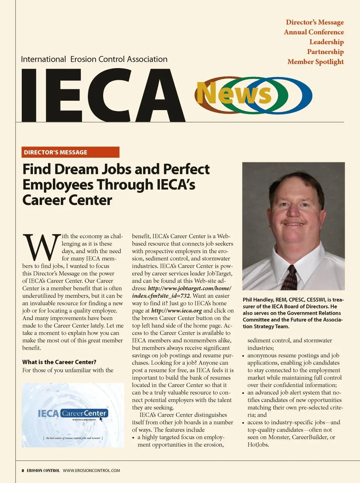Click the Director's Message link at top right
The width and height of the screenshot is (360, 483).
(x=315, y=22)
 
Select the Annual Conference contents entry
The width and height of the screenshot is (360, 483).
(x=313, y=32)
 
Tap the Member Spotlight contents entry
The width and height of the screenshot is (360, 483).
(x=315, y=62)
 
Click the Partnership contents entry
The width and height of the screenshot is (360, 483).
(x=325, y=52)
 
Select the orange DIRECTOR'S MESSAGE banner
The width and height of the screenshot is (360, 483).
(x=70, y=152)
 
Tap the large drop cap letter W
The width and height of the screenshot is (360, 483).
(x=41, y=248)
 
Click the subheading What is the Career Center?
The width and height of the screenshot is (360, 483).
(x=59, y=362)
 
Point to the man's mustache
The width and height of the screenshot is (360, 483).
(x=293, y=220)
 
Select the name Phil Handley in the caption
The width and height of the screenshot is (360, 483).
(x=258, y=300)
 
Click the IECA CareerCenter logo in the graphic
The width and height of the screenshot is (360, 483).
(x=73, y=413)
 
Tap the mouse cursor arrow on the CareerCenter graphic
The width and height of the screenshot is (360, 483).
(x=101, y=419)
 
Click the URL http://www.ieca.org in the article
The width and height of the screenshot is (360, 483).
(x=176, y=311)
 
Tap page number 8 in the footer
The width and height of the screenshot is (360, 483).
(x=23, y=471)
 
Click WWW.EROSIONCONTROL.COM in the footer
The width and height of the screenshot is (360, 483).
(x=91, y=471)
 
